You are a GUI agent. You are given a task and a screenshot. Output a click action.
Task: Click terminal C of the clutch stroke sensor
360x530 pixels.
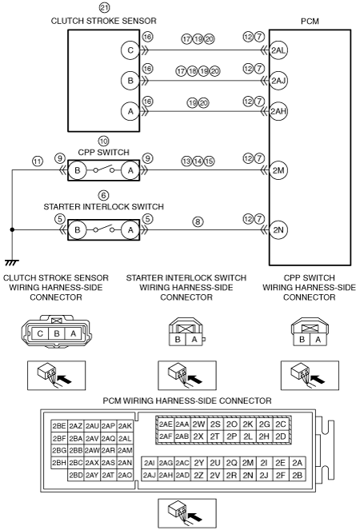(x=130, y=50)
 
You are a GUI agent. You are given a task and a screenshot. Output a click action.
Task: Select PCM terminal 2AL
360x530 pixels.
(x=278, y=50)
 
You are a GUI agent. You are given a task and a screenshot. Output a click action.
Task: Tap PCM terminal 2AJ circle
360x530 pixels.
(x=278, y=81)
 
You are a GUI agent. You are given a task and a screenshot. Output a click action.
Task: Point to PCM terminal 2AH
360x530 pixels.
(x=278, y=111)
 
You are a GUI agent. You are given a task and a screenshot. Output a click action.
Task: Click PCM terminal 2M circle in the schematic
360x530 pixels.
(x=278, y=170)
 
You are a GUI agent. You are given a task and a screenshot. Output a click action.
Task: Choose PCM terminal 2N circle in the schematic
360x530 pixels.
(x=278, y=230)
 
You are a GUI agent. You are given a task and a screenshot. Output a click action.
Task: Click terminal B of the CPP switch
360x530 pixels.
(x=78, y=170)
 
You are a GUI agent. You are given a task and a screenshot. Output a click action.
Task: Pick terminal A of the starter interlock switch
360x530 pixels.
(x=130, y=230)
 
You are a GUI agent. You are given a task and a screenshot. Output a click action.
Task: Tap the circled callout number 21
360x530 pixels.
(x=104, y=7)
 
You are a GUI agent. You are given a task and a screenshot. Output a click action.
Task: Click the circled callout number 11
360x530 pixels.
(x=38, y=161)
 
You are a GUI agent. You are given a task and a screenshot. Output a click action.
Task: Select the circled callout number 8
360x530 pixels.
(x=198, y=221)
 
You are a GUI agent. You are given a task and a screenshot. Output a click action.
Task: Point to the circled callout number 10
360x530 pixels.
(x=103, y=141)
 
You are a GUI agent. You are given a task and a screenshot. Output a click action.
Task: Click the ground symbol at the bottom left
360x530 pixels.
(x=12, y=262)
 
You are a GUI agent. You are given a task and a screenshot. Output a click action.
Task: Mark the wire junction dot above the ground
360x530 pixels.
(x=12, y=230)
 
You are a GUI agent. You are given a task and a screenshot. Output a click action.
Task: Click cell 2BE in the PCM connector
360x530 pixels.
(x=59, y=426)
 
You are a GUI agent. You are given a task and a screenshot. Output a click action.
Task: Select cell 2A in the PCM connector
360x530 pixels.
(x=298, y=463)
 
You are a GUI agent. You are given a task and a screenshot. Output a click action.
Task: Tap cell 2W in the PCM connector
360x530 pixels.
(x=198, y=424)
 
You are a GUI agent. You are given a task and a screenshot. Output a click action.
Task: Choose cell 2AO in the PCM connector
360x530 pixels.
(x=125, y=476)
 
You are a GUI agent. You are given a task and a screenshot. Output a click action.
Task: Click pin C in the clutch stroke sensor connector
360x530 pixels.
(x=40, y=333)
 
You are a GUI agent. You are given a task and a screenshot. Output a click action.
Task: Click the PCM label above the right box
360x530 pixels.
(x=310, y=21)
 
